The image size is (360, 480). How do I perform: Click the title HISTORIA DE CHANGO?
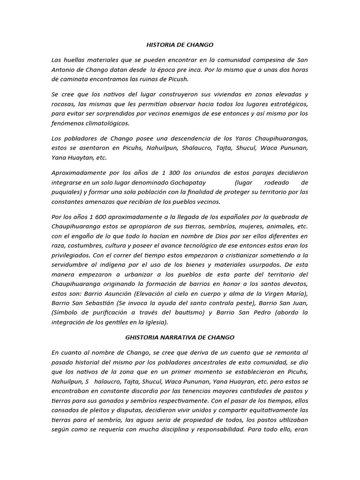coord(180,45)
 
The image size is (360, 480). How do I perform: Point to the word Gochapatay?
coord(187,182)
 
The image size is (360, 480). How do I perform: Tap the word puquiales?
coord(69,192)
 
